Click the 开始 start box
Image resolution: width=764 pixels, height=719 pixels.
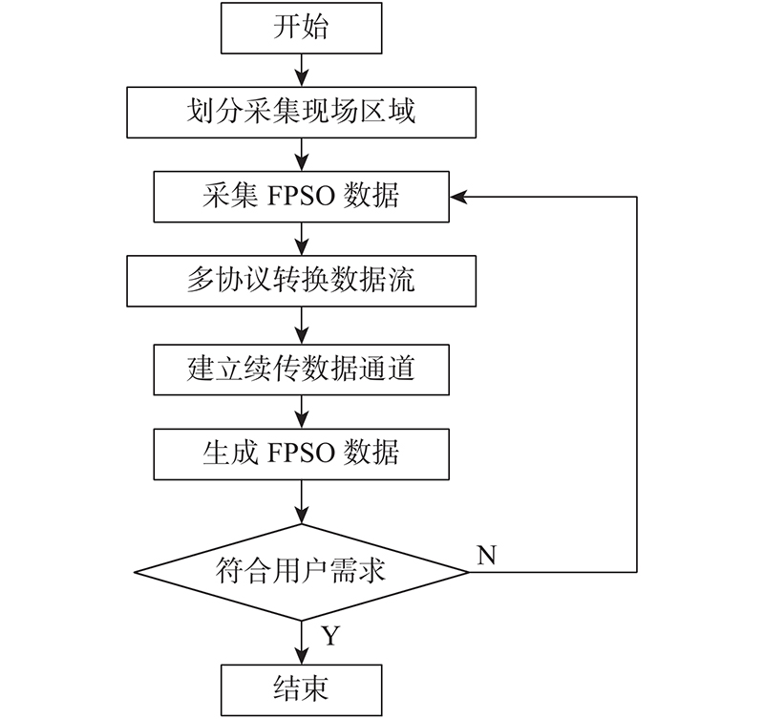[x=301, y=28]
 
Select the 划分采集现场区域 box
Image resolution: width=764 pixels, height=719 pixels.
[x=301, y=113]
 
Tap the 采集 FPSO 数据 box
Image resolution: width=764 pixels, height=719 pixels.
[x=301, y=197]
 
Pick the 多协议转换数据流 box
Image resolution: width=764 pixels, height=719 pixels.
[x=301, y=281]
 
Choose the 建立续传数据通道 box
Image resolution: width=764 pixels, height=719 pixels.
[x=301, y=370]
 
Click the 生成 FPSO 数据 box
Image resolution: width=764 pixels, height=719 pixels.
[x=301, y=454]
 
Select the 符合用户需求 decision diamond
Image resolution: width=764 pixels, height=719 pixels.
[x=301, y=572]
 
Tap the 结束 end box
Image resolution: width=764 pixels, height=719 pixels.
[x=301, y=689]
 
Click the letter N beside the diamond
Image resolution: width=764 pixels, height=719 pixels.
[x=487, y=556]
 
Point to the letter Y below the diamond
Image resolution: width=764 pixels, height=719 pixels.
[x=330, y=636]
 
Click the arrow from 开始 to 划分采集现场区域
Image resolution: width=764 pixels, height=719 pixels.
[x=302, y=70]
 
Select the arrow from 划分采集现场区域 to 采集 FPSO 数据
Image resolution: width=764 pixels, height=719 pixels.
[x=302, y=155]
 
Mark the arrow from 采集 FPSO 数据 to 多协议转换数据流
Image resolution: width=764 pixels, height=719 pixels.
[x=302, y=239]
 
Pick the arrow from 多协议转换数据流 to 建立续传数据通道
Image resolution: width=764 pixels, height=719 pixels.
[x=302, y=326]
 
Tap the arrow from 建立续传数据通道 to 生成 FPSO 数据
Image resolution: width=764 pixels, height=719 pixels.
[x=302, y=412]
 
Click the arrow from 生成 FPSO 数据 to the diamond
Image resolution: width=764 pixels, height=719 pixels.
[x=302, y=501]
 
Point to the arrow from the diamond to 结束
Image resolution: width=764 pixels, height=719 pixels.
[x=302, y=643]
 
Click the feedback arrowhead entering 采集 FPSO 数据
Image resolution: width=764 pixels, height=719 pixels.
[x=458, y=197]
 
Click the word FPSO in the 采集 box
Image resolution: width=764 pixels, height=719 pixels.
[x=301, y=197]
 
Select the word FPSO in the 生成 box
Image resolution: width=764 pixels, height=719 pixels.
[x=301, y=454]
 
